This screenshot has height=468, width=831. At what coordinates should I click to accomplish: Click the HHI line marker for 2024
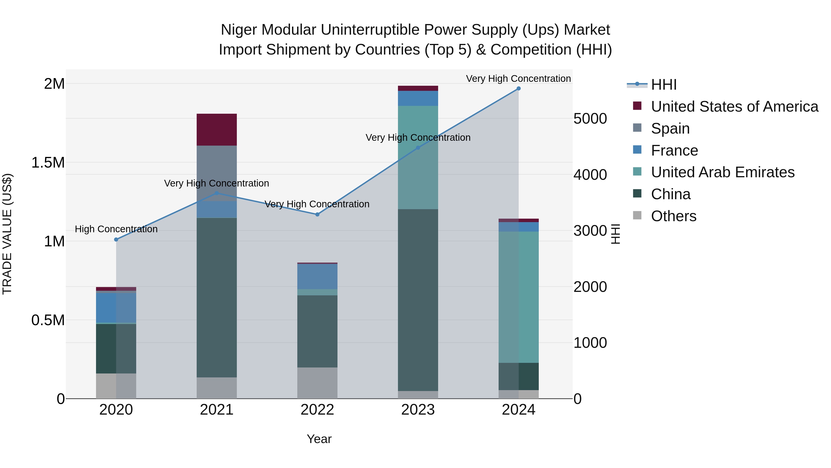[x=518, y=89]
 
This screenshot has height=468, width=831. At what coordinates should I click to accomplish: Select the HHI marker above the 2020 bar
[x=116, y=240]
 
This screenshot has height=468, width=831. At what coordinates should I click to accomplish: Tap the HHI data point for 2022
[x=317, y=214]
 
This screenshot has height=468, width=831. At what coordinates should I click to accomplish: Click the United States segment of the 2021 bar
[x=217, y=129]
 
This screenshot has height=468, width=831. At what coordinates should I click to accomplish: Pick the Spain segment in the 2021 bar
[x=217, y=173]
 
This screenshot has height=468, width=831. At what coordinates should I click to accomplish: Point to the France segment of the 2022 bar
[x=317, y=276]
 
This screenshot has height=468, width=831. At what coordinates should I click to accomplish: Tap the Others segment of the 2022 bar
[x=317, y=383]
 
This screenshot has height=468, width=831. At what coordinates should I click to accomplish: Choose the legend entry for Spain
[x=670, y=128]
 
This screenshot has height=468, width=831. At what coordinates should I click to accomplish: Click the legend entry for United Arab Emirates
[x=722, y=172]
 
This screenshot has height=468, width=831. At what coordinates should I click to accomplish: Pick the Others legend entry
[x=673, y=216]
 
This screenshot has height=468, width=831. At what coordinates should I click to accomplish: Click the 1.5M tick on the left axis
[x=48, y=162]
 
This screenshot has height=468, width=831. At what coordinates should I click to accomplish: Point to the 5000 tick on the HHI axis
[x=590, y=119]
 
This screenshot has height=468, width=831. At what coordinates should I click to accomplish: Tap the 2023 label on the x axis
[x=418, y=410]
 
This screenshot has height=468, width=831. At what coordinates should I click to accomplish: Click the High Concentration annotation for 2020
[x=116, y=229]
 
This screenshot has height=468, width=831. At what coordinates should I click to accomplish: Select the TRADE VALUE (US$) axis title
[x=7, y=234]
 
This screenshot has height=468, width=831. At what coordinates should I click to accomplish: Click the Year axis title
[x=319, y=439]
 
